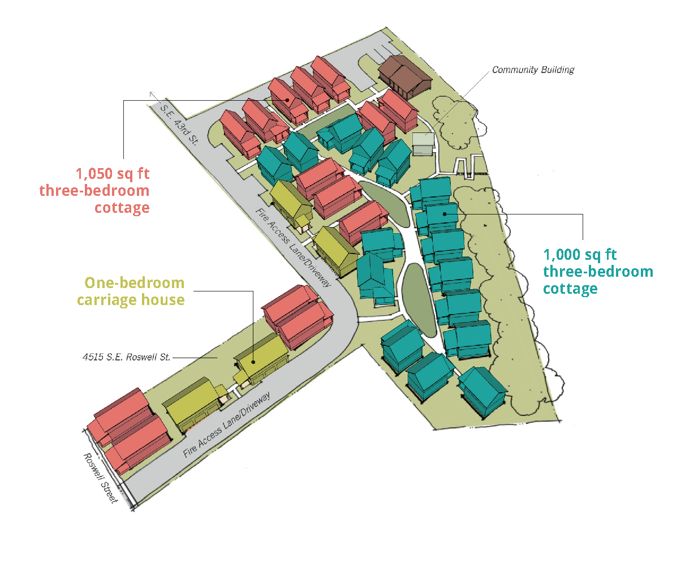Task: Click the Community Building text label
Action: point(533,70)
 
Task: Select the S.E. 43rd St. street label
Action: point(179,124)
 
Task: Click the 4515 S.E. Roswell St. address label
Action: point(126,357)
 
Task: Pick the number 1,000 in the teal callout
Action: point(562,255)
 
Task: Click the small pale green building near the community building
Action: point(423,143)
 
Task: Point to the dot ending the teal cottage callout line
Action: point(445,214)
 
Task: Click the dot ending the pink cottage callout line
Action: point(288,101)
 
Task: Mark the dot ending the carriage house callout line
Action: point(253,362)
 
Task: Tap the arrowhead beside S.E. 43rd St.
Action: point(152,94)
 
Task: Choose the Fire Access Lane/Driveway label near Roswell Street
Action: point(226,425)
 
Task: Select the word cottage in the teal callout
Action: point(570,289)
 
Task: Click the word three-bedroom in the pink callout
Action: point(94,191)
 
